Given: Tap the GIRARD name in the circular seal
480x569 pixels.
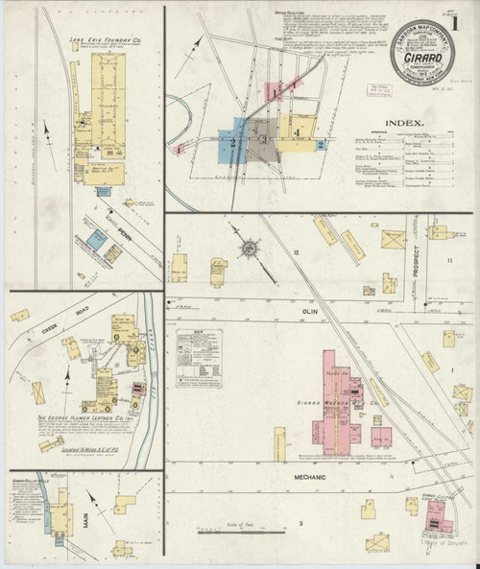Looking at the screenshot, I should (422, 57).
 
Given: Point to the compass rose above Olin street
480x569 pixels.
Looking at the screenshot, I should (248, 252).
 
